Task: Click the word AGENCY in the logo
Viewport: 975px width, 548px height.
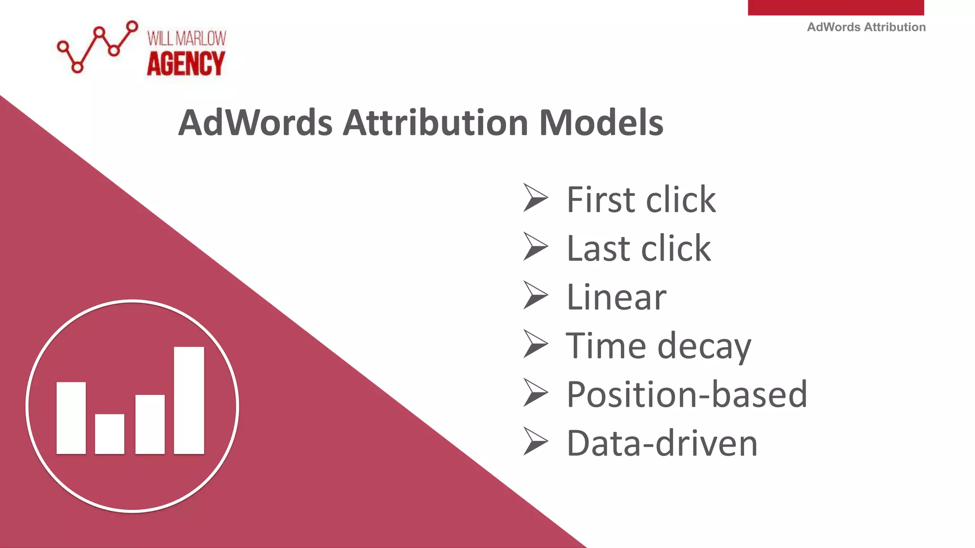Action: pyautogui.click(x=186, y=64)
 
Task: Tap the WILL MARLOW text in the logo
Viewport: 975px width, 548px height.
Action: pyautogui.click(x=187, y=38)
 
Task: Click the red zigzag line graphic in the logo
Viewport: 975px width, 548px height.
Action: pyautogui.click(x=98, y=47)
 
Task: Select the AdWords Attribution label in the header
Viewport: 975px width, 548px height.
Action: pyautogui.click(x=866, y=27)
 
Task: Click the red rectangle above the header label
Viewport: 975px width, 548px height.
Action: pyautogui.click(x=836, y=7)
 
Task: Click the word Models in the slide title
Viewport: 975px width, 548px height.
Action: pyautogui.click(x=601, y=123)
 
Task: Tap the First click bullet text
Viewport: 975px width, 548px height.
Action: pyautogui.click(x=641, y=199)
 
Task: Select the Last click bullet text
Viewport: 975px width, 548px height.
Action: pyautogui.click(x=638, y=248)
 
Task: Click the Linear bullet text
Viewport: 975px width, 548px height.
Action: pyautogui.click(x=617, y=297)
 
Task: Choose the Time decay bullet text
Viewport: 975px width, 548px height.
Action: pyautogui.click(x=658, y=346)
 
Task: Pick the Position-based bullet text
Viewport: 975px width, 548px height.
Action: pyautogui.click(x=686, y=394)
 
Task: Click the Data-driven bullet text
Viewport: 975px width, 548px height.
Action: pyautogui.click(x=662, y=443)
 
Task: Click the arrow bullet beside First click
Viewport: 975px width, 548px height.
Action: pyautogui.click(x=535, y=197)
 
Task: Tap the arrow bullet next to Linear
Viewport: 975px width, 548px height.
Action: pyautogui.click(x=535, y=295)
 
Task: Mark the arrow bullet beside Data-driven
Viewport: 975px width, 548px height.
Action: pyautogui.click(x=535, y=441)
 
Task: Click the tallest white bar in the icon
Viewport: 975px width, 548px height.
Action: pyautogui.click(x=189, y=400)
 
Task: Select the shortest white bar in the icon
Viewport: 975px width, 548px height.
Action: pyautogui.click(x=109, y=434)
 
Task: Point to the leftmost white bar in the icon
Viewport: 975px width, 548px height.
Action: pyautogui.click(x=71, y=418)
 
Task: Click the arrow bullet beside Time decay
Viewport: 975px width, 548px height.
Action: pyautogui.click(x=535, y=343)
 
